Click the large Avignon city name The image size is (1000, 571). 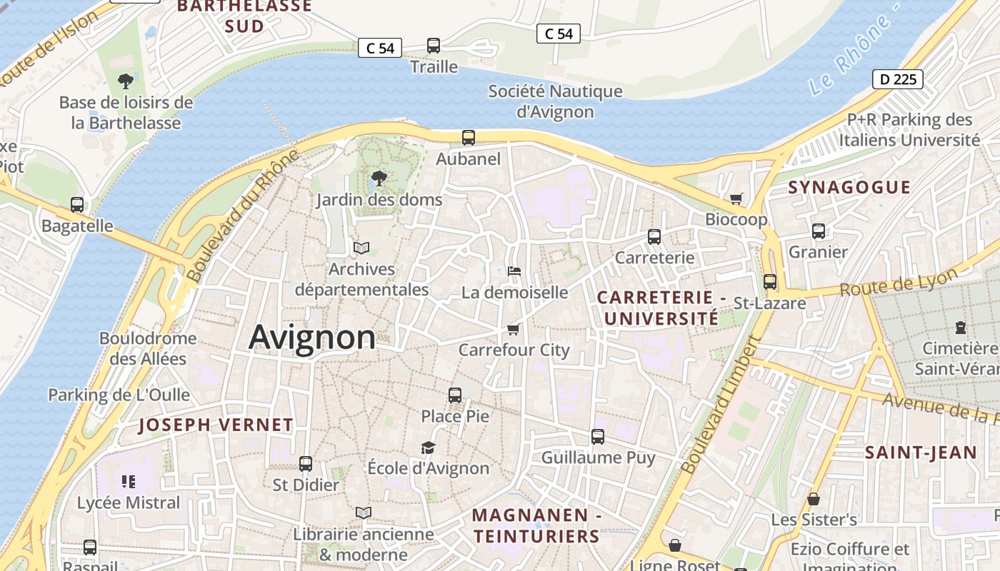pos(312,337)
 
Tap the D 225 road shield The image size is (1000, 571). pos(898,79)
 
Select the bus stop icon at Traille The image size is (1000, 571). pos(434,46)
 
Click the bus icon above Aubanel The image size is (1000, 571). pos(469,138)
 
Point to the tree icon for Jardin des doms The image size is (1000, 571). pos(379,178)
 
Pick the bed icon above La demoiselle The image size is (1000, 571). pos(514,271)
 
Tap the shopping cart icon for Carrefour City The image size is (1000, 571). pos(513,329)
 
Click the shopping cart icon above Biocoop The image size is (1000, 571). pos(736,198)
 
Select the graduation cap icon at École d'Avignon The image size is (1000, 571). pos(428,448)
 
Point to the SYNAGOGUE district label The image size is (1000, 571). pos(849,188)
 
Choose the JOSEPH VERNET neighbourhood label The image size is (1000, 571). pos(216,425)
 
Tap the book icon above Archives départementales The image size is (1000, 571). pos(361,248)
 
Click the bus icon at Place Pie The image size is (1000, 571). pos(455,395)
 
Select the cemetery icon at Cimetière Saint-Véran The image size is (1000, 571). pos(961,328)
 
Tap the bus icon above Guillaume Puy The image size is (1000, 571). pos(598,436)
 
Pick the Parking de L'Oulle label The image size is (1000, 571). pos(119,395)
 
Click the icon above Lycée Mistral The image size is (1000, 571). pos(129,482)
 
